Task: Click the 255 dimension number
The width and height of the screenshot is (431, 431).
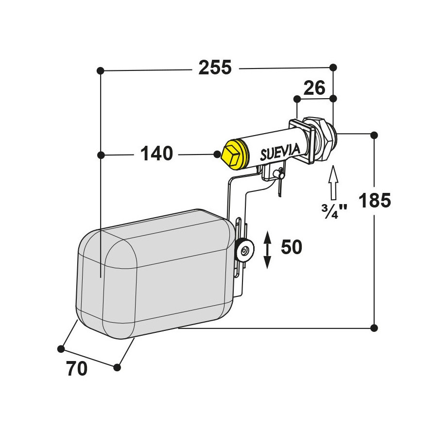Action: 215,68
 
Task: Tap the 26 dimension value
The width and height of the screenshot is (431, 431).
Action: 314,88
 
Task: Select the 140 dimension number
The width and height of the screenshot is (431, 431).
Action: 156,154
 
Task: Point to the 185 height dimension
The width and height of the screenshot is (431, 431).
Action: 375,200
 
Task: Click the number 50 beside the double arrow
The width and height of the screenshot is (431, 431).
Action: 292,247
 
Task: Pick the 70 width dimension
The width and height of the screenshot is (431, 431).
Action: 77,368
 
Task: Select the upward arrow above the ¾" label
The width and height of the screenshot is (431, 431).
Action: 333,182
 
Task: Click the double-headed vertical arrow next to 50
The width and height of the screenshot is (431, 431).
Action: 267,250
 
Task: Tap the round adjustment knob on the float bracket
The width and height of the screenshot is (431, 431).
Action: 244,249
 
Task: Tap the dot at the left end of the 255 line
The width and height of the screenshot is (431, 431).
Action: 101,70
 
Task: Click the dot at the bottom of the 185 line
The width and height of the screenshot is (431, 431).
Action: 374,328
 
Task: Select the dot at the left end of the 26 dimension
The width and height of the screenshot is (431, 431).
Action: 297,99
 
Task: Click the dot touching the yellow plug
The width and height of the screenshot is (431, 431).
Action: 217,154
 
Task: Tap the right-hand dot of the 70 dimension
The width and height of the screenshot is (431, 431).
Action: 117,367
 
